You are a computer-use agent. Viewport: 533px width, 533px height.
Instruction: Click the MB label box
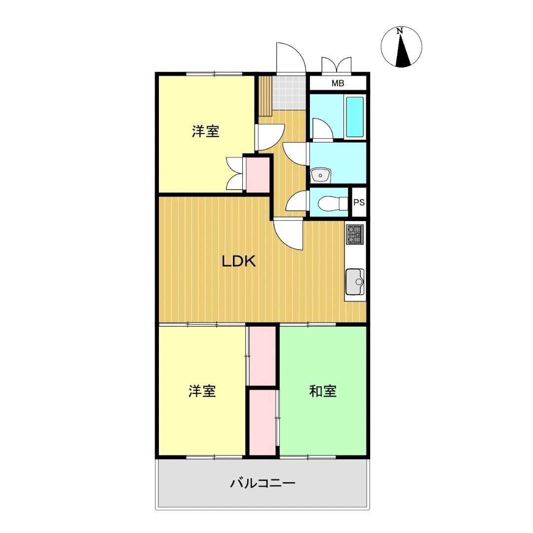(x=338, y=83)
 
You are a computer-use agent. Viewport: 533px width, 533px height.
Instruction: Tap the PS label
(x=359, y=202)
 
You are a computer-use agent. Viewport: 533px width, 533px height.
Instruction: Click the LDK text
(x=239, y=262)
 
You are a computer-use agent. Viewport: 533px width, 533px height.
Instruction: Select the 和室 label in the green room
(x=323, y=391)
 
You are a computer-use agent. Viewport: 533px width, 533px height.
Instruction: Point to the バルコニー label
(x=263, y=483)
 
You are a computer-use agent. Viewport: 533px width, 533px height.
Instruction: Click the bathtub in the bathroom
(x=354, y=116)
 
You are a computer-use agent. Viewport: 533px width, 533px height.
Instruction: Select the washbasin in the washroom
(x=320, y=175)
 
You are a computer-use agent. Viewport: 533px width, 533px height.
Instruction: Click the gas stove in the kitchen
(x=355, y=234)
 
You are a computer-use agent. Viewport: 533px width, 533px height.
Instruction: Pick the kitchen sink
(x=355, y=282)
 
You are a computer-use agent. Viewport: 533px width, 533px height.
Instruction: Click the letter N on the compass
(x=400, y=31)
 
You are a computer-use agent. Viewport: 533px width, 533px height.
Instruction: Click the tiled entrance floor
(x=289, y=92)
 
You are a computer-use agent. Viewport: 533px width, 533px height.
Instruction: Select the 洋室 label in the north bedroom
(x=206, y=131)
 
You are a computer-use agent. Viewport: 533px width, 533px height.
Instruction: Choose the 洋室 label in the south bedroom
(x=202, y=391)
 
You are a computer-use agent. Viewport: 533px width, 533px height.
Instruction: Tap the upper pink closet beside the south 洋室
(x=263, y=356)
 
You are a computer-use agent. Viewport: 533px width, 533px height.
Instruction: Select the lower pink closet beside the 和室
(x=263, y=422)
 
